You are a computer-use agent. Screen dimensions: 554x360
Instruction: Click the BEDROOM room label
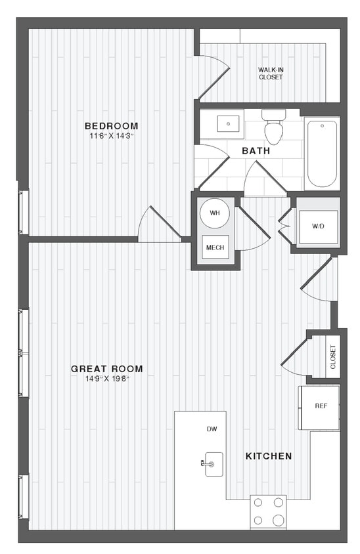[x=111, y=126]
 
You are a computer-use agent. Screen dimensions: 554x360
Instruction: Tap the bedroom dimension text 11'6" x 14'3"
[x=111, y=136]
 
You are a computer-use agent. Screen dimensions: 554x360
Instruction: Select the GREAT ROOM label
[x=106, y=369]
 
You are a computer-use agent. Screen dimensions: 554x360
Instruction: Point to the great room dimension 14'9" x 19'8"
[x=106, y=379]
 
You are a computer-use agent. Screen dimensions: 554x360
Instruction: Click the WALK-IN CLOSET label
[x=270, y=73]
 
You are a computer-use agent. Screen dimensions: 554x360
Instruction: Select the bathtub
[x=322, y=154]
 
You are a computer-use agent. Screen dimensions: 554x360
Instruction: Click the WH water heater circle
[x=215, y=213]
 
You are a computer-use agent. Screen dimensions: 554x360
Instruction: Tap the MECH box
[x=214, y=247]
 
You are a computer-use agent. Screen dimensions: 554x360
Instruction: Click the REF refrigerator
[x=321, y=406]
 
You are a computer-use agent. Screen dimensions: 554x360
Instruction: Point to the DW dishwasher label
[x=212, y=429]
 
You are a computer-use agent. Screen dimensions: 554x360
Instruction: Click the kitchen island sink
[x=213, y=463]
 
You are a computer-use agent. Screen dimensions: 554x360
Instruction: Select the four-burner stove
[x=268, y=511]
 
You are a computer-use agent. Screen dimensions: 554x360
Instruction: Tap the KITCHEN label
[x=268, y=456]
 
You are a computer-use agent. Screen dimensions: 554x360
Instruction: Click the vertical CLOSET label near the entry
[x=332, y=356]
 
